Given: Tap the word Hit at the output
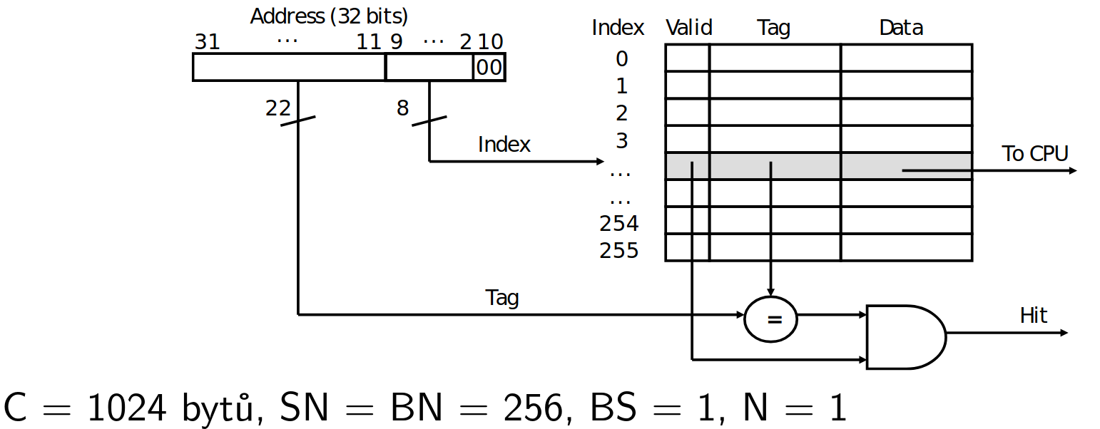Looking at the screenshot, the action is (1033, 315).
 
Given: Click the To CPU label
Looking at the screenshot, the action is (1034, 153).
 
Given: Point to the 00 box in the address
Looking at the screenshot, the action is (489, 67).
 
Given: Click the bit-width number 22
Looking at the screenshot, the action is (278, 108).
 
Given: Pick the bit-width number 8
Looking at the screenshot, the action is (402, 108).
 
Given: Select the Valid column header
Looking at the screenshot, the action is (688, 28).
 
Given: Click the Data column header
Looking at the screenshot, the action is (901, 28).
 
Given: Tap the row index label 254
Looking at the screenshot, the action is (618, 224).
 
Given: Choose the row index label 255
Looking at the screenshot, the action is (618, 251).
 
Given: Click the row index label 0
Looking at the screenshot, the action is (622, 59).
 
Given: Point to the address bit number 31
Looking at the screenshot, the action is (208, 41).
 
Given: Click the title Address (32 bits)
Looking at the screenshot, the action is (329, 16).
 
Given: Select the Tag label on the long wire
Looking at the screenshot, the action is (502, 298).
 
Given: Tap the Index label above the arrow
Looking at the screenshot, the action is (504, 145).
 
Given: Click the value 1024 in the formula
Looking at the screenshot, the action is (127, 408).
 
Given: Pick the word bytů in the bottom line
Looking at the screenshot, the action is (219, 408).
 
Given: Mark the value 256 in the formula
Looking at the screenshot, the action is (533, 408).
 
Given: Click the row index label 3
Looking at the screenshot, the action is (622, 141).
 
